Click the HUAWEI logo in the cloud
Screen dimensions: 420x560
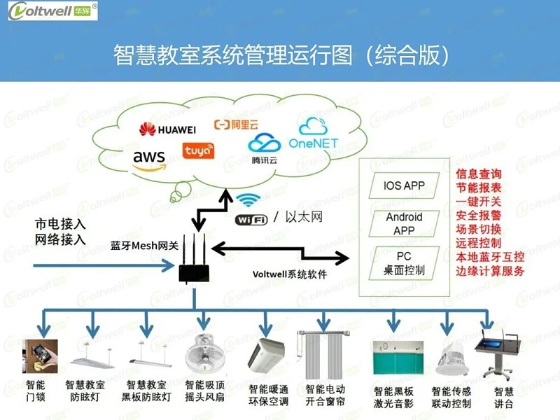point(167,129)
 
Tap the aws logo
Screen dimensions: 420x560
point(149,159)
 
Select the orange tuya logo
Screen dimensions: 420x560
point(198,151)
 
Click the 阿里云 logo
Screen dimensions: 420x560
point(236,125)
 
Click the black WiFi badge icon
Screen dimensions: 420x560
point(251,219)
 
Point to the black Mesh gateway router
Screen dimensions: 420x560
point(194,269)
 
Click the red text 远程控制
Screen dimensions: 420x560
point(478,243)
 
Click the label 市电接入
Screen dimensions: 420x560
point(60,225)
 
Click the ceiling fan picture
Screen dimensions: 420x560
point(204,354)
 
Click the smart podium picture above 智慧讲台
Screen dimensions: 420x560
point(498,356)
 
